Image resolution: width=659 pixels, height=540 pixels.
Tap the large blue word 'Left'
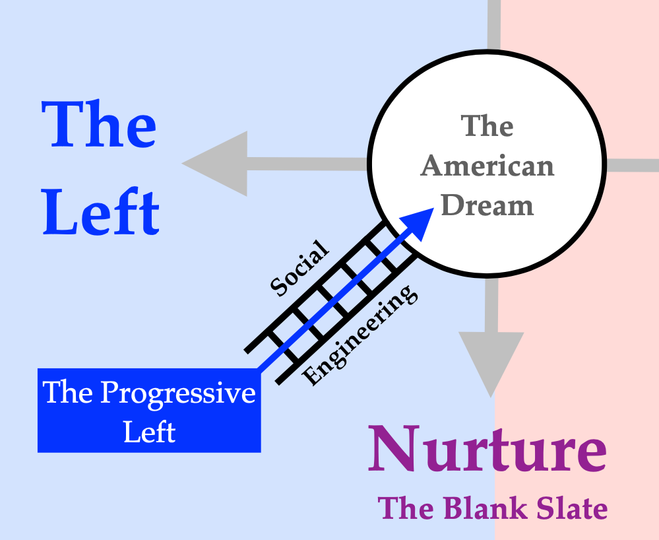coord(101,213)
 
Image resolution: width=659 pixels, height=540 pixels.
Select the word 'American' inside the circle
coord(487,166)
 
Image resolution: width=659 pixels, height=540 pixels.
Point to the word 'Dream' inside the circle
coord(487,205)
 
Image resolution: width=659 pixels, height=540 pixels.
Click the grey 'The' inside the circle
coord(487,126)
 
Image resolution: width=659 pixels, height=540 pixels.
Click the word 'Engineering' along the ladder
coord(360,335)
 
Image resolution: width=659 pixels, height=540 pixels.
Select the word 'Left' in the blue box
coord(150,432)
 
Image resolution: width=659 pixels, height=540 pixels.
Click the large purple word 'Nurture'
coord(487,450)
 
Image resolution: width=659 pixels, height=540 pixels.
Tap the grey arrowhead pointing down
coord(491,362)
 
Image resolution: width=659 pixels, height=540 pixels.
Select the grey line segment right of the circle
coord(632,165)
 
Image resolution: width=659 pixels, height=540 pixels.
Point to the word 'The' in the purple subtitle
coord(402,509)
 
